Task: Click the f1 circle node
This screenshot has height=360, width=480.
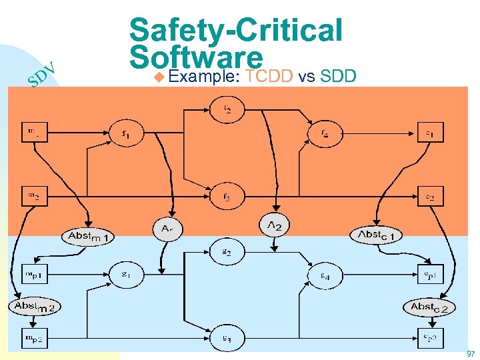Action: point(125,133)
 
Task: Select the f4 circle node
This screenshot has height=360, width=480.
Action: point(324,133)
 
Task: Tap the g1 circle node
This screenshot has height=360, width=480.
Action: point(125,275)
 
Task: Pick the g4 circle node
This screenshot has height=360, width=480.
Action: point(324,275)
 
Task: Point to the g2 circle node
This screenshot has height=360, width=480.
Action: point(227,251)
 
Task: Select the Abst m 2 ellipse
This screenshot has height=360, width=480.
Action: point(35,307)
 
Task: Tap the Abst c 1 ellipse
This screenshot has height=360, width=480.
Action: point(378,235)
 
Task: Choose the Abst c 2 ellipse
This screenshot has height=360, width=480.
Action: point(429,307)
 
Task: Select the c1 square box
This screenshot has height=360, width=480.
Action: point(430,133)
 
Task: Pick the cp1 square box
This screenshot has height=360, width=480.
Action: point(430,275)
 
